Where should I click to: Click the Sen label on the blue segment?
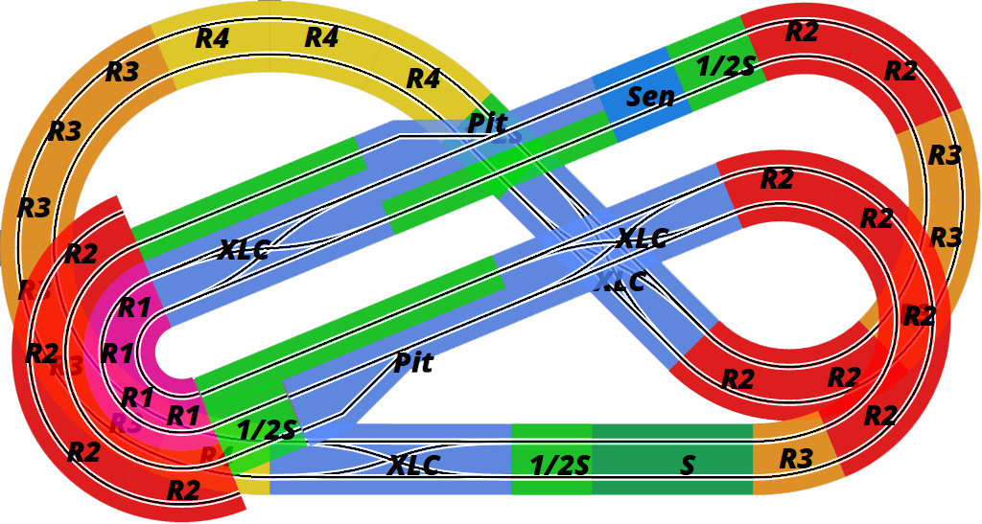coord(650,97)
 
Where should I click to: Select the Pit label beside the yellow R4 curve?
coord(486,123)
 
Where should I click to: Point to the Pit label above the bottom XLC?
coord(413,363)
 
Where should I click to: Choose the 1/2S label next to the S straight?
coord(560,467)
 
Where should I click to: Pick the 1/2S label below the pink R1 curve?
coord(266,430)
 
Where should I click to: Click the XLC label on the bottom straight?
coord(413,466)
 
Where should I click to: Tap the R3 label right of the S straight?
coord(796,459)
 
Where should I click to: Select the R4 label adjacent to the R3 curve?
coord(213,39)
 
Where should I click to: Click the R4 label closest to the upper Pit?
coord(423,79)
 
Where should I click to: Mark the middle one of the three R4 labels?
coord(322,38)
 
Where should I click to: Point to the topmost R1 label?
coord(134,308)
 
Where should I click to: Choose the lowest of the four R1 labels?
coord(183,416)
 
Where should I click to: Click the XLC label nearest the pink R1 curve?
coord(243,250)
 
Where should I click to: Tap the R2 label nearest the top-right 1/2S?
coord(802,32)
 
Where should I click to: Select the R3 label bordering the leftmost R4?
coord(122,72)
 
